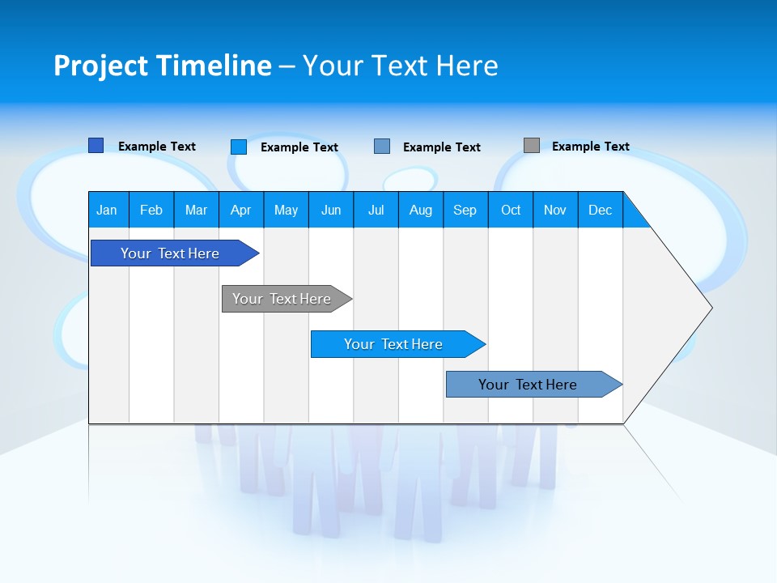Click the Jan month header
107,210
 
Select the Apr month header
241,210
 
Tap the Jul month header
376,210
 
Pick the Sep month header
465,210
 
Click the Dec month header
600,210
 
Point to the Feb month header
151,210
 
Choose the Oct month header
511,210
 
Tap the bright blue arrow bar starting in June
394,344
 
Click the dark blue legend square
96,146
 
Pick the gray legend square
532,146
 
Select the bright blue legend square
238,147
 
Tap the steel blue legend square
382,147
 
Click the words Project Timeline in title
163,66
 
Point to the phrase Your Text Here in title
401,66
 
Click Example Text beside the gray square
590,147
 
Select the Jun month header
331,210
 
